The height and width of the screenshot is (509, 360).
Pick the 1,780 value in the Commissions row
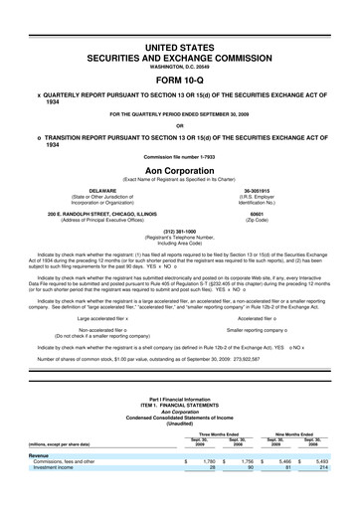pos(209,489)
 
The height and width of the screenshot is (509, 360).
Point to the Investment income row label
pos(60,495)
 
